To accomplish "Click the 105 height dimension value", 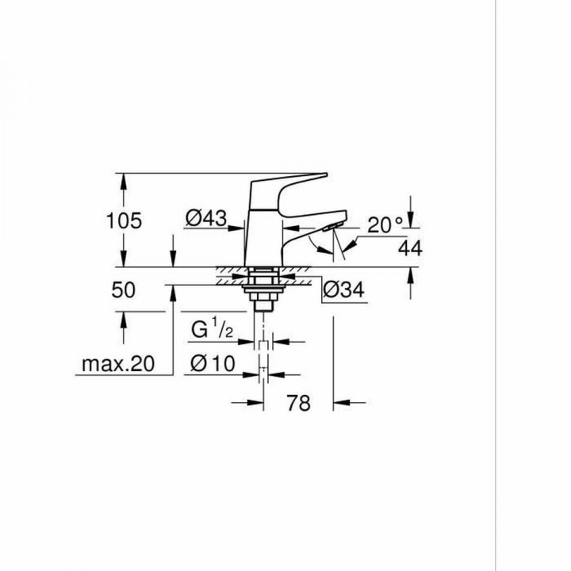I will (x=124, y=220).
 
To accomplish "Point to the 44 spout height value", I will (x=410, y=248).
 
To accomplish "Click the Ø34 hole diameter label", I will (x=344, y=292).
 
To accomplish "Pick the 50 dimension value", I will (x=124, y=289).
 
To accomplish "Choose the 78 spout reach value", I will (x=297, y=403).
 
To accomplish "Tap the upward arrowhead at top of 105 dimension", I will (x=124, y=179).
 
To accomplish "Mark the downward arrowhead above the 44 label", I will (x=410, y=223).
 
